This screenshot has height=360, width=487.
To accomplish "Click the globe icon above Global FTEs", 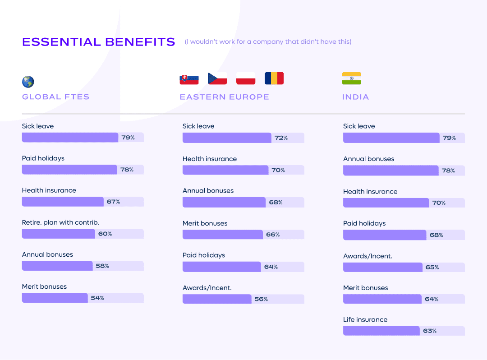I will coord(28,82).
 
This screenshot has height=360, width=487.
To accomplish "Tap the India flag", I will coord(352,78).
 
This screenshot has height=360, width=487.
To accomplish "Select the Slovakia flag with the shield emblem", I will coord(189,78).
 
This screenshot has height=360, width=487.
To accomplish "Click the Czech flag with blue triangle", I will coord(217,78).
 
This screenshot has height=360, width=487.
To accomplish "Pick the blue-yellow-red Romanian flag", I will coord(274,78).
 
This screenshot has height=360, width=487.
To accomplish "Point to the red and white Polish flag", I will coord(246,78).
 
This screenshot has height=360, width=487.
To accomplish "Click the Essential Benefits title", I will coord(98,42).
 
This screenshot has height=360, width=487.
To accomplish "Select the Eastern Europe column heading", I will coord(224,97).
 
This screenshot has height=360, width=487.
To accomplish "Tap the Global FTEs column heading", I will coord(55,97).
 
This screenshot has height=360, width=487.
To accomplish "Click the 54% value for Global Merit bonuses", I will coord(97,298).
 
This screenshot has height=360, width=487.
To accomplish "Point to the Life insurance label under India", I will coord(365,319).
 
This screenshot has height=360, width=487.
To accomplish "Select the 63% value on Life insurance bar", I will coord(430,331).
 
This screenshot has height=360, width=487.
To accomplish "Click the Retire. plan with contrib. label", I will coord(60,222).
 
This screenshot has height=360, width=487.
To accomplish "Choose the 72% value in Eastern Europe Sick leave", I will coord(281,138).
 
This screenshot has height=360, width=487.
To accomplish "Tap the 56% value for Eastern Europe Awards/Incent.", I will coord(261,299).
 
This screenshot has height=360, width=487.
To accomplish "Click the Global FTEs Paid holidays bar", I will coord(69,170).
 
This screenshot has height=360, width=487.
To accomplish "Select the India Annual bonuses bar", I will coord(391,171).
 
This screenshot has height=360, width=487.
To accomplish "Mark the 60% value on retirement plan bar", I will coord(105,234).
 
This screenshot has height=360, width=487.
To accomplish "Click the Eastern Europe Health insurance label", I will coord(210,159).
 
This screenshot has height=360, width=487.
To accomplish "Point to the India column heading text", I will coord(355,97).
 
